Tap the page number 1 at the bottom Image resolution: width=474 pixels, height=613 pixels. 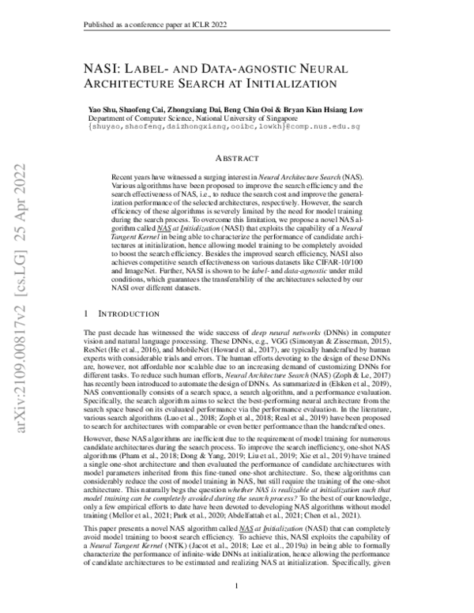click(238, 585)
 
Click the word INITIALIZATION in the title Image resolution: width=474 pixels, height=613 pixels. click(280, 82)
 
